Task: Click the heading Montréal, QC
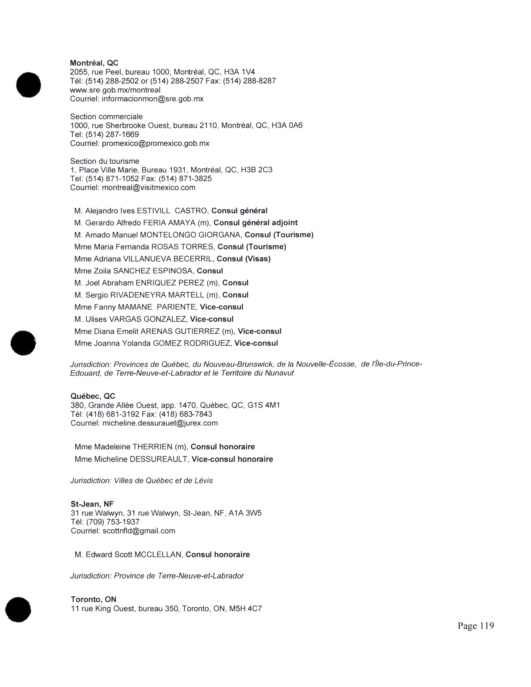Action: (x=94, y=63)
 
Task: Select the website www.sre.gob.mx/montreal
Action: (x=115, y=90)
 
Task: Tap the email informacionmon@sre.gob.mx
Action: (x=153, y=99)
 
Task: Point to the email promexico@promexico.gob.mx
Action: (x=155, y=143)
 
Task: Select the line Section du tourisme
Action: (x=105, y=161)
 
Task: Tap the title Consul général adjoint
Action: (x=256, y=223)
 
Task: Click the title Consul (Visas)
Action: (x=243, y=259)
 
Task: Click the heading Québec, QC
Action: (x=93, y=396)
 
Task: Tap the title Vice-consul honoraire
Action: (x=232, y=459)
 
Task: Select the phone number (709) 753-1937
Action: (x=113, y=522)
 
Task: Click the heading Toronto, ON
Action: (x=93, y=600)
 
